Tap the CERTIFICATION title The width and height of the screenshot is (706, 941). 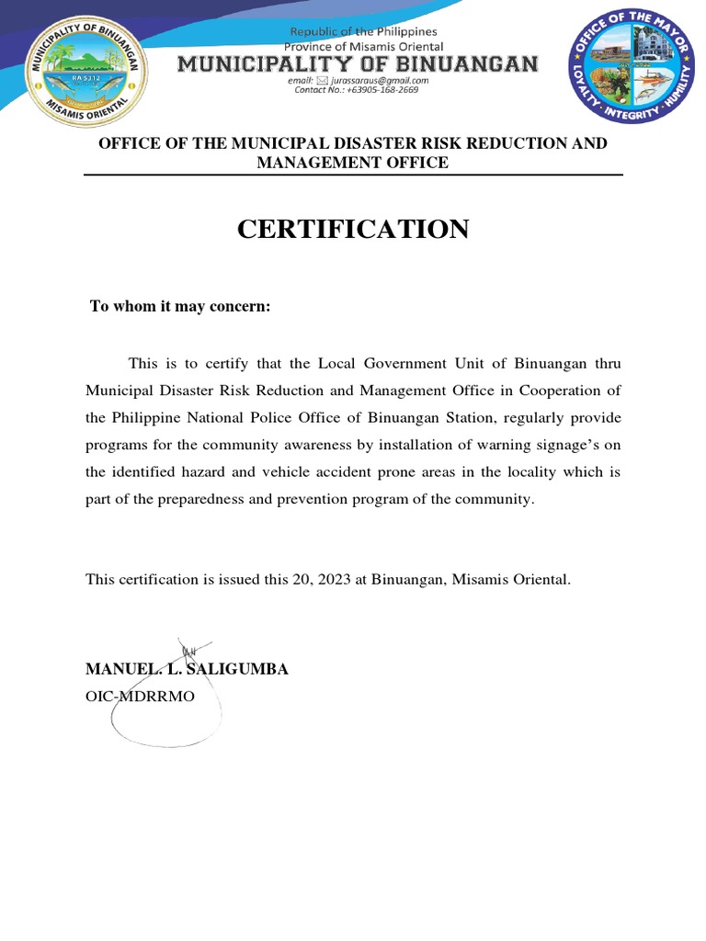click(353, 230)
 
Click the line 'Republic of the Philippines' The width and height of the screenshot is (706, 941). click(364, 31)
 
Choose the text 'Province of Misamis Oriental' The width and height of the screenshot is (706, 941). click(363, 46)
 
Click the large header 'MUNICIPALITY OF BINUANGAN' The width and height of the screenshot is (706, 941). click(358, 63)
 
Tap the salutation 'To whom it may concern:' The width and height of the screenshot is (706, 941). click(179, 306)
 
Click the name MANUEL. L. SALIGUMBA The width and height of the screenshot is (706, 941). click(187, 669)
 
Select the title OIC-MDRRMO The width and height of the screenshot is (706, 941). click(141, 697)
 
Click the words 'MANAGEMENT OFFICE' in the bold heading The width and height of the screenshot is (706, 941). click(353, 163)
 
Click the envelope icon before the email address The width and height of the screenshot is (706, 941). click(322, 80)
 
